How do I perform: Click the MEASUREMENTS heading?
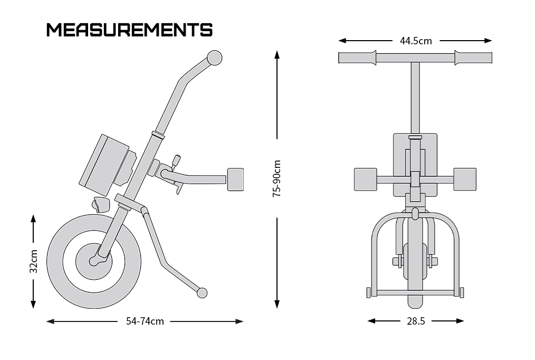[x=129, y=30]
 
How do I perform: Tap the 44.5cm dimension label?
[x=416, y=41]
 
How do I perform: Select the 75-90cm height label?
[x=276, y=178]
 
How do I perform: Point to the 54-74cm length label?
[x=145, y=321]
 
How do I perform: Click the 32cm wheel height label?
[x=33, y=261]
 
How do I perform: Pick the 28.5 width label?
[x=416, y=321]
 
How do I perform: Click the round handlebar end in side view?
[x=215, y=58]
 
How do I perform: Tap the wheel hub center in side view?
[x=93, y=261]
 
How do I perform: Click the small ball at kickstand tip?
[x=202, y=293]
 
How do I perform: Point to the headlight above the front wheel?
[x=101, y=204]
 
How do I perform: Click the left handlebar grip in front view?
[x=357, y=58]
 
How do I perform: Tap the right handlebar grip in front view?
[x=473, y=58]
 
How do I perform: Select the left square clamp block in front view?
[x=366, y=179]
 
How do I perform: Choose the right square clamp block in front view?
[x=465, y=179]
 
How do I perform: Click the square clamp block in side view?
[x=235, y=179]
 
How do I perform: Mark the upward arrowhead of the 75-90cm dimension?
[x=277, y=54]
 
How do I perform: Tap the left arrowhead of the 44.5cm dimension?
[x=342, y=41]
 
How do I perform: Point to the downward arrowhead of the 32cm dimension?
[x=33, y=305]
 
